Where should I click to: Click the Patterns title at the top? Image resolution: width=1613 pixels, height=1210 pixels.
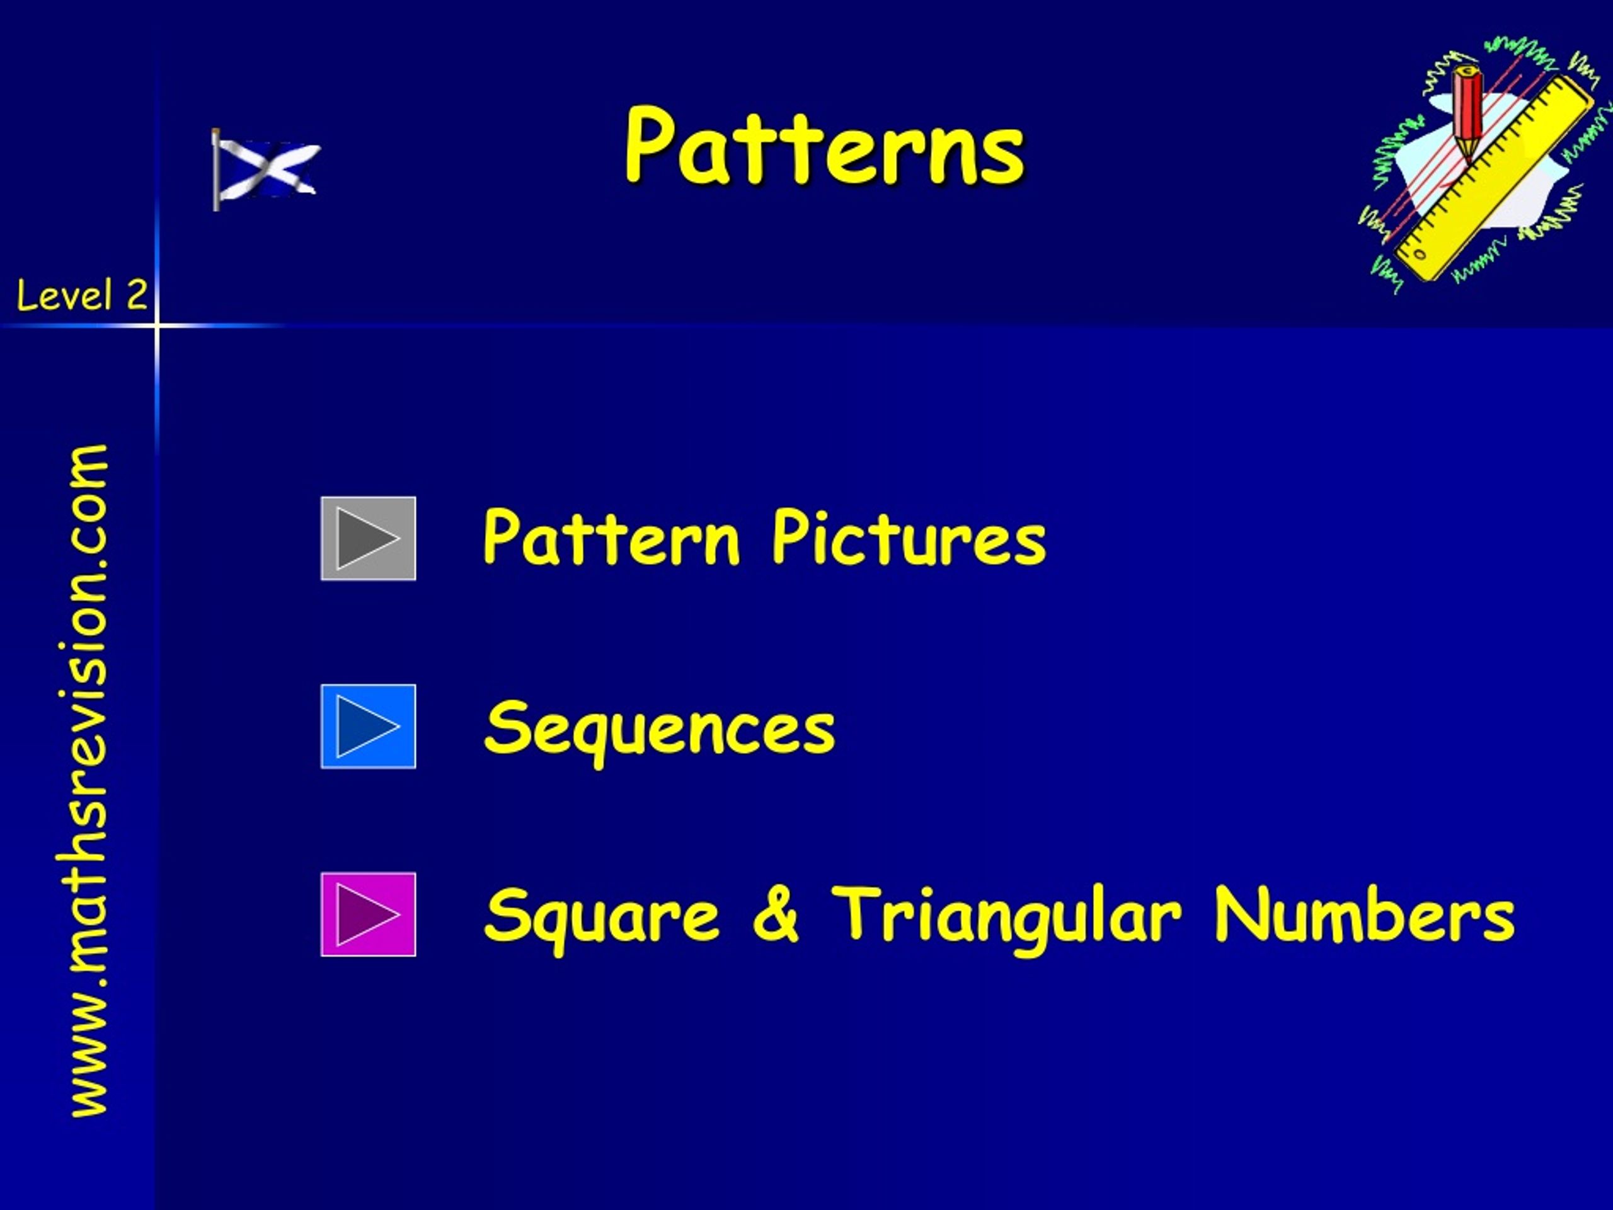pos(825,146)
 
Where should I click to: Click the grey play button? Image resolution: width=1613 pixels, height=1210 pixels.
pos(368,538)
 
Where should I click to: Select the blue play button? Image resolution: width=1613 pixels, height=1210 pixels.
pos(368,727)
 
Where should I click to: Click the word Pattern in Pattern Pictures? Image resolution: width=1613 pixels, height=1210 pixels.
pos(611,538)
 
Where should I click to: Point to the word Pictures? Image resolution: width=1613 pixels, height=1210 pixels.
pos(909,538)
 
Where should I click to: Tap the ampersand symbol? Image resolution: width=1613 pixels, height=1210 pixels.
pos(775,913)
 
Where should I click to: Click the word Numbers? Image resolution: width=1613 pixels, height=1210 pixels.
pos(1363,913)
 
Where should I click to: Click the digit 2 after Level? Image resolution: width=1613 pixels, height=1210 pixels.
pos(136,296)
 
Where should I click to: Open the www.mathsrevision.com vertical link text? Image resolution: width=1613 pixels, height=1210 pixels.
pos(88,780)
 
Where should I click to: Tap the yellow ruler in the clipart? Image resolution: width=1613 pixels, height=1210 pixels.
pos(1491,179)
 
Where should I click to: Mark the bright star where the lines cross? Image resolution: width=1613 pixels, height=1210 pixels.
pos(157,324)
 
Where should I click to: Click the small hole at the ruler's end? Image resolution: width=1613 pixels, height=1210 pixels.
pos(1420,255)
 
